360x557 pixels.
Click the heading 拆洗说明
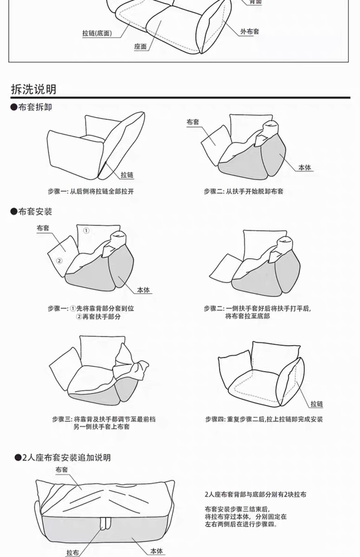pyautogui.click(x=33, y=89)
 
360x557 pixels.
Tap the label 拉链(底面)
pyautogui.click(x=96, y=33)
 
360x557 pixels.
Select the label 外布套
pyautogui.click(x=250, y=32)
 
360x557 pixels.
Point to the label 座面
pyautogui.click(x=140, y=47)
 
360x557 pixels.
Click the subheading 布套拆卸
pyautogui.click(x=35, y=107)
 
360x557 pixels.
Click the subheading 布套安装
pyautogui.click(x=35, y=212)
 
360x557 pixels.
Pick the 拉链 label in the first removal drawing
pyautogui.click(x=127, y=175)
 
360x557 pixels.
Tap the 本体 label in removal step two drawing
pyautogui.click(x=304, y=168)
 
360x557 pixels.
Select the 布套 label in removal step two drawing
pyautogui.click(x=193, y=122)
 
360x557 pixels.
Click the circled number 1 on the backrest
pyautogui.click(x=86, y=230)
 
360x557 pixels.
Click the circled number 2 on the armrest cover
pyautogui.click(x=59, y=260)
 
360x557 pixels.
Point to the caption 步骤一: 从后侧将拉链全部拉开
pyautogui.click(x=90, y=191)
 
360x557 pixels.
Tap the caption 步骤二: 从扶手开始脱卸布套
pyautogui.click(x=243, y=191)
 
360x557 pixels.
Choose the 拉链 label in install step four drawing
pyautogui.click(x=317, y=404)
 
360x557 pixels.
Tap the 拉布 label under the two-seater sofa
pyautogui.click(x=72, y=552)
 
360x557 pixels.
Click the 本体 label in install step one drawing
pyautogui.click(x=143, y=290)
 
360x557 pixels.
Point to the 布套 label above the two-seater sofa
pyautogui.click(x=62, y=470)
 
